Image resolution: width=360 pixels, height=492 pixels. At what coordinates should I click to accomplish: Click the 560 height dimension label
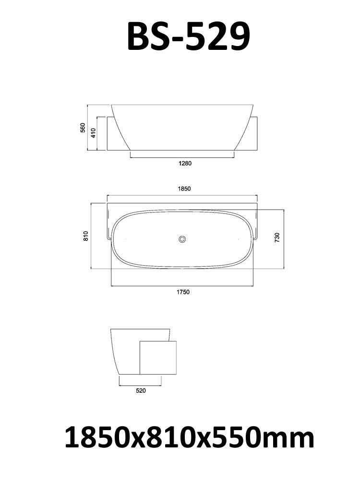(83, 128)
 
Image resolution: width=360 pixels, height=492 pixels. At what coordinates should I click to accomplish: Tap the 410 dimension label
(93, 133)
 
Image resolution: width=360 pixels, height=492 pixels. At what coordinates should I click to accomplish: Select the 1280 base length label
(185, 163)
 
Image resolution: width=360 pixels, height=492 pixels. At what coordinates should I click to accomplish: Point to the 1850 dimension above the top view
(184, 188)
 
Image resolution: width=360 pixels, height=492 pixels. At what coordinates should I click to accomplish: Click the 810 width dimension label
(86, 235)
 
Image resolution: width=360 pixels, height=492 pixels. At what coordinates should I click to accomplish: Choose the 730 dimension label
(277, 238)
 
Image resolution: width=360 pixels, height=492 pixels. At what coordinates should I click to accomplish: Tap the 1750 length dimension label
(183, 292)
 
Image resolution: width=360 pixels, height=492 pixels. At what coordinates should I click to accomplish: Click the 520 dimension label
(141, 391)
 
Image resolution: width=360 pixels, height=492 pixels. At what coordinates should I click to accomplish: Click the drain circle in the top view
(182, 239)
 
